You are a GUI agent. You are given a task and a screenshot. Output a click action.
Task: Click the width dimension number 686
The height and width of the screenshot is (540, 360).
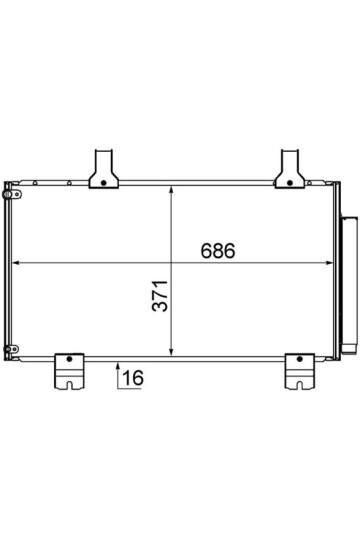pyautogui.click(x=218, y=251)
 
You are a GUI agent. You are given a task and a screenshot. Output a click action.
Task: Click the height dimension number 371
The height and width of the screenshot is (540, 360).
pyautogui.click(x=160, y=296)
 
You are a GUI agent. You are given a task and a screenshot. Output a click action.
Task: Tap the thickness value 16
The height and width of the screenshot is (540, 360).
pyautogui.click(x=133, y=378)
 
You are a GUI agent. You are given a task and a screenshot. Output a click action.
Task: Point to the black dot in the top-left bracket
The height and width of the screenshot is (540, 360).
pyautogui.click(x=103, y=183)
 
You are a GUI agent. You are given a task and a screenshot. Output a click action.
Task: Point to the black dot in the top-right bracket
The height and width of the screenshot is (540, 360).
pyautogui.click(x=289, y=183)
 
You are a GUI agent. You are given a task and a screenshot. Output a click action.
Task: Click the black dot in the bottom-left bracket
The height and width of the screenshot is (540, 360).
pyautogui.click(x=69, y=359)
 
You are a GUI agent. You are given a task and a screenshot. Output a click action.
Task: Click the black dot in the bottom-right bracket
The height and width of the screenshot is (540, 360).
pyautogui.click(x=299, y=359)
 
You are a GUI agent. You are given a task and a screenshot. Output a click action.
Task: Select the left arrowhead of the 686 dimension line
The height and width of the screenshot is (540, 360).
pyautogui.click(x=16, y=263)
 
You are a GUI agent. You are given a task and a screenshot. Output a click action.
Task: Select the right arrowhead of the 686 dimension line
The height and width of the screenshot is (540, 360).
pyautogui.click(x=329, y=263)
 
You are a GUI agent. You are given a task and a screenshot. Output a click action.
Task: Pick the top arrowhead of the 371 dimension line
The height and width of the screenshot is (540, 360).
pyautogui.click(x=171, y=190)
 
